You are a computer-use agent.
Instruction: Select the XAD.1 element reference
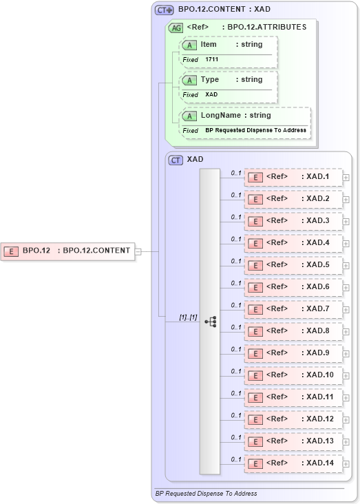294,178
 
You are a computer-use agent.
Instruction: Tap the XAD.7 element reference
294,310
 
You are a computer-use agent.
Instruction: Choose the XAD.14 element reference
294,464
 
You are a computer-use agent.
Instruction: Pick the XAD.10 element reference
294,376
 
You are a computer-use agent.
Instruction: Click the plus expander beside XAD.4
346,244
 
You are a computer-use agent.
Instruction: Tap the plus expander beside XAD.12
346,420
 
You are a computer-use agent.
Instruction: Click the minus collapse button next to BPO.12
138,251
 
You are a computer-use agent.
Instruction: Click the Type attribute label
210,80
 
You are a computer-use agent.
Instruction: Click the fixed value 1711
212,60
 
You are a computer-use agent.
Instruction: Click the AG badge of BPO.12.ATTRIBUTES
176,28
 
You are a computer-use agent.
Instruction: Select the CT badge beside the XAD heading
176,160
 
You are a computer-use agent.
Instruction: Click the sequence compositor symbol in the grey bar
211,322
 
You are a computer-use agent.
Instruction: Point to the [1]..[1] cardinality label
188,317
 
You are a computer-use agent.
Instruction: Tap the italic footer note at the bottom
206,494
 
